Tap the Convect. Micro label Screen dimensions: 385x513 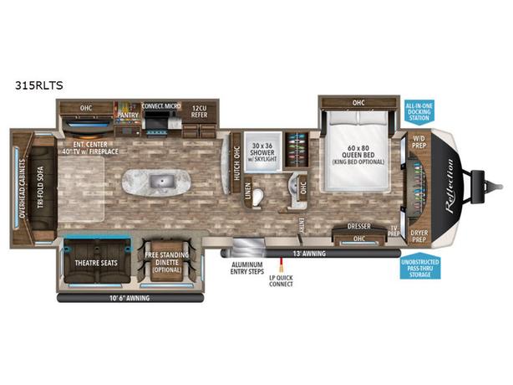tap(161, 105)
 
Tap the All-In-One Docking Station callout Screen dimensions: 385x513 tap(419, 111)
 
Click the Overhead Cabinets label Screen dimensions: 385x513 tap(18, 182)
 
